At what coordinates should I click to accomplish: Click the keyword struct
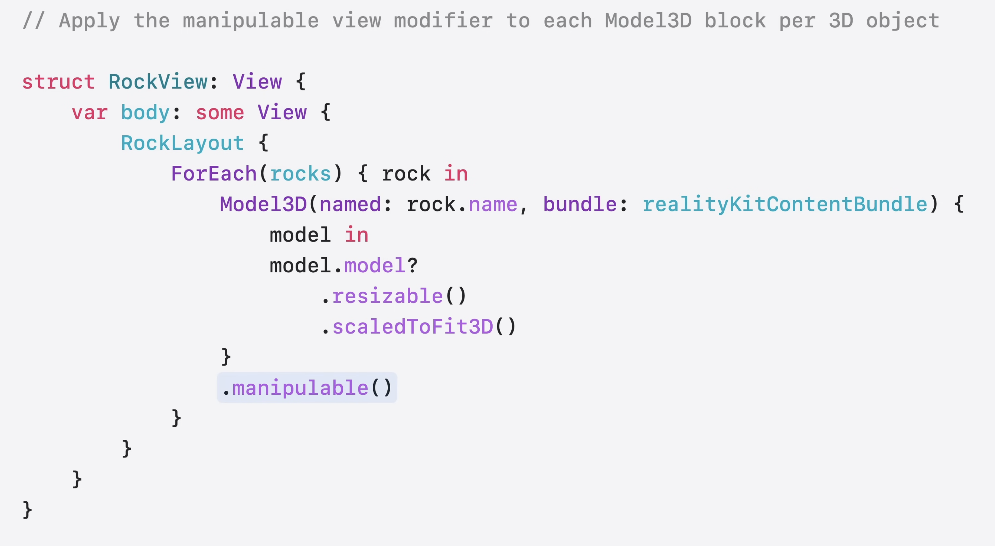[x=58, y=82]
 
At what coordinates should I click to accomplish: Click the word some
[x=220, y=113]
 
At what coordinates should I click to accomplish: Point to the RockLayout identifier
[x=182, y=143]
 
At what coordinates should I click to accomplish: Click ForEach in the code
[x=214, y=174]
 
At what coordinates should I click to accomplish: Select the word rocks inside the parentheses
[x=301, y=174]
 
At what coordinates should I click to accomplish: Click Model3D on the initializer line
[x=263, y=204]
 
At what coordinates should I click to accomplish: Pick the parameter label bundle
[x=580, y=204]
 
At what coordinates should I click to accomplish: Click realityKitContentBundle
[x=784, y=204]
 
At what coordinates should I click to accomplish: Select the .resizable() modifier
[x=394, y=296]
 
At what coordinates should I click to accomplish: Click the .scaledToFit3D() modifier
[x=419, y=327]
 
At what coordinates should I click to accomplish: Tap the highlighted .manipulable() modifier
[x=307, y=388]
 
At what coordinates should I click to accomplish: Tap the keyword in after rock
[x=456, y=174]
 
